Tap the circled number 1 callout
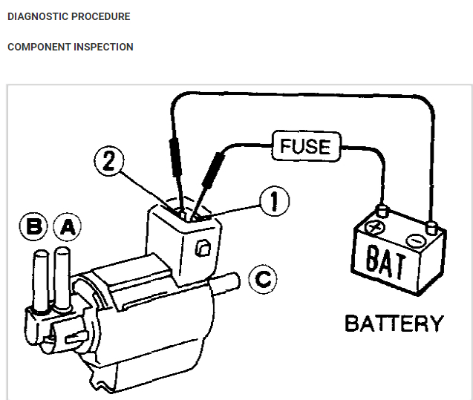[x=274, y=200]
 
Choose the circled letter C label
[x=261, y=279]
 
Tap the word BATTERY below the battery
[x=393, y=324]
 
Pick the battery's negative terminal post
[x=430, y=222]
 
